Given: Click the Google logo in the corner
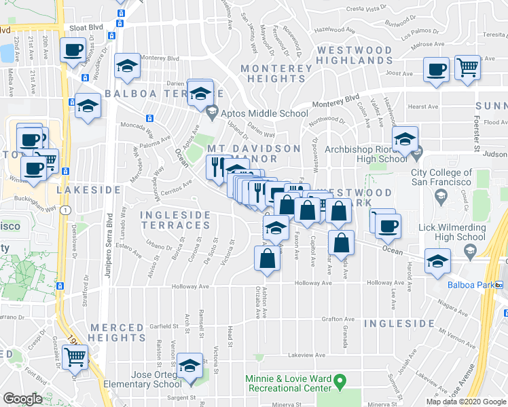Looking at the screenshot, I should pos(22,399).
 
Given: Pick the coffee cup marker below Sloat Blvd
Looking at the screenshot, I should pos(73,50).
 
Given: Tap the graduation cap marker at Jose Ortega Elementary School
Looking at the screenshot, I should pos(189,366).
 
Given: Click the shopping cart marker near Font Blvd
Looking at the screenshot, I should pos(75,356).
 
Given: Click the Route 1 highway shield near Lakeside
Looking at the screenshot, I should pos(65,211).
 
